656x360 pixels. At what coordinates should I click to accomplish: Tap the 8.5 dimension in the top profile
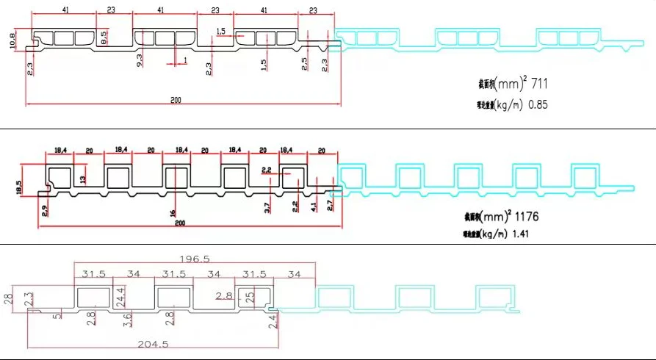[104, 37]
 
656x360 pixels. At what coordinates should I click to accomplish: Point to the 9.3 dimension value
[139, 62]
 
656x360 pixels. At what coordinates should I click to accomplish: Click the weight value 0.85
[538, 105]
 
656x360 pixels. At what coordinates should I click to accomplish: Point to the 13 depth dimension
[82, 179]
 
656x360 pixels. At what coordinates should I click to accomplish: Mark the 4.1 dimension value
[314, 209]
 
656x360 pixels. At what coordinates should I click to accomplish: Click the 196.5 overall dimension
[195, 259]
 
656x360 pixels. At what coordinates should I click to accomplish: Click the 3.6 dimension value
[127, 320]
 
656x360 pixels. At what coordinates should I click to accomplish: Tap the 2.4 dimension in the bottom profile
[274, 321]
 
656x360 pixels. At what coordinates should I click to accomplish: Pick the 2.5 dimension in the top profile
[303, 63]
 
